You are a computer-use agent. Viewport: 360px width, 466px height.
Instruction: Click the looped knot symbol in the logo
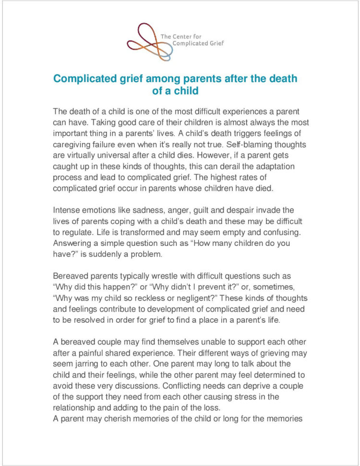click(149, 41)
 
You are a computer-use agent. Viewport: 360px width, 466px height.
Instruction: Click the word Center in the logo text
click(182, 36)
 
